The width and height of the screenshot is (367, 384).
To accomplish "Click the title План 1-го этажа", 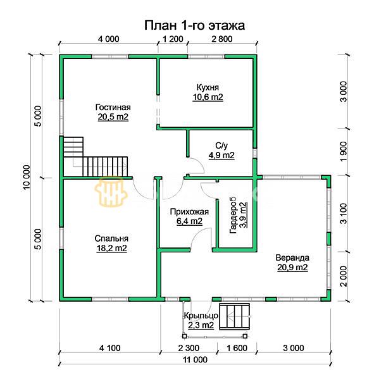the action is point(194,25).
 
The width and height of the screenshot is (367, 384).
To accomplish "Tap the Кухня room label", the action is point(208,87).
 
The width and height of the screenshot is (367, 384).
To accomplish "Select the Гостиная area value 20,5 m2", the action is point(113,117).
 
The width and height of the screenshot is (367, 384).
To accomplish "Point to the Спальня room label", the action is point(111,238).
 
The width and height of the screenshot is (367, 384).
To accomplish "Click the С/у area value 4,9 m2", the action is point(221,155).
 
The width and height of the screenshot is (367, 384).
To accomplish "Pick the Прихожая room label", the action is point(189,212).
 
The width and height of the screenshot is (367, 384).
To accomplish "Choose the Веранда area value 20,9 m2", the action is point(292,268).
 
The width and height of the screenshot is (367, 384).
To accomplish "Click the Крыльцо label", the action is point(201,316).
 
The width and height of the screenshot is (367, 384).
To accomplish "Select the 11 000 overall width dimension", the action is point(195,360).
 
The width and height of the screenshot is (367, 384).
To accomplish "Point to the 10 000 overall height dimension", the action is point(27,178).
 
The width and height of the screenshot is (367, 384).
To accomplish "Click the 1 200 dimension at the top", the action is point(173,39).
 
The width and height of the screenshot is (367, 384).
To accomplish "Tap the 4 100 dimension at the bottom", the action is point(110,348).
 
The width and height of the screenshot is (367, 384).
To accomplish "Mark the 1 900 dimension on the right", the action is point(344,152).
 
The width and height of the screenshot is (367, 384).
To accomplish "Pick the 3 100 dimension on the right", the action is point(344,214).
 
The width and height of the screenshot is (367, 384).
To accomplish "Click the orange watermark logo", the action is point(111,191).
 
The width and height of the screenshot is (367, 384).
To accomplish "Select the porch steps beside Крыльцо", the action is point(235,316).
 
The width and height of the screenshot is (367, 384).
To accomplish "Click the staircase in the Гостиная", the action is point(96,157).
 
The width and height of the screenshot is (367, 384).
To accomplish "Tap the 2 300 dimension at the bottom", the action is point(189,348).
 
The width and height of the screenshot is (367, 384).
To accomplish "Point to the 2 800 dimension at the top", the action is point(222,39).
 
